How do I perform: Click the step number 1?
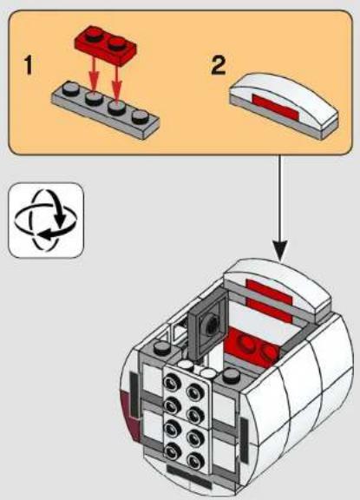pyautogui.click(x=29, y=65)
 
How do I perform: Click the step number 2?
pyautogui.click(x=219, y=65)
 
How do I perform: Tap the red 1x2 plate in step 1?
pyautogui.click(x=106, y=44)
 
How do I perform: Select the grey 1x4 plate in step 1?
pyautogui.click(x=106, y=110)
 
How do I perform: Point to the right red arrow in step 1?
pyautogui.click(x=116, y=82)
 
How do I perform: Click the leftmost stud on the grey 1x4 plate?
pyautogui.click(x=71, y=89)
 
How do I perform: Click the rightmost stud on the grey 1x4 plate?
pyautogui.click(x=141, y=116)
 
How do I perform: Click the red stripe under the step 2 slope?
pyautogui.click(x=276, y=109)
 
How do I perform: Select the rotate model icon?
pyautogui.click(x=46, y=220)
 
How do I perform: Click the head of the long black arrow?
pyautogui.click(x=279, y=250)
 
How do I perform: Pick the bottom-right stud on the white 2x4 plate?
pyautogui.click(x=195, y=460)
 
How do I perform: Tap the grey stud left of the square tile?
pyautogui.click(x=163, y=347)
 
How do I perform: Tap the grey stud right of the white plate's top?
pyautogui.click(x=232, y=376)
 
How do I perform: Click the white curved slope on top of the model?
pyautogui.click(x=278, y=287)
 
